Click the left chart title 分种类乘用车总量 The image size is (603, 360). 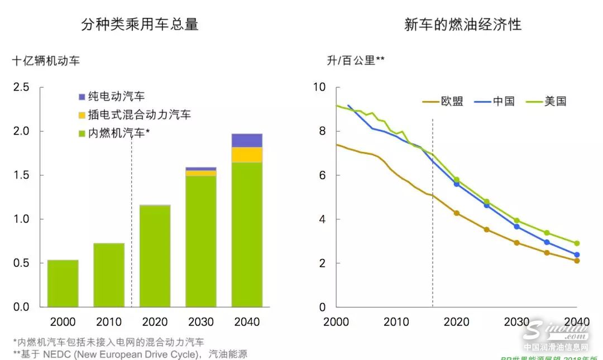click(x=140, y=25)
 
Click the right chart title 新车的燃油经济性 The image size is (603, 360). click(x=463, y=25)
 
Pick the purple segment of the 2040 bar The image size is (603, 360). click(x=247, y=141)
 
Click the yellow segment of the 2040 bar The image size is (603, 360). click(x=247, y=155)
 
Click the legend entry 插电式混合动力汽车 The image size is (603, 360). click(x=140, y=115)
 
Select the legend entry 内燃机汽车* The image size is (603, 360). click(x=119, y=133)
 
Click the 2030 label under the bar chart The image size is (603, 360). click(x=201, y=322)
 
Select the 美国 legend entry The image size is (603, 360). click(x=556, y=102)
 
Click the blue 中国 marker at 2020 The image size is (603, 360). click(x=457, y=184)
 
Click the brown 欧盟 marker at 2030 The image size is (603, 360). click(x=517, y=243)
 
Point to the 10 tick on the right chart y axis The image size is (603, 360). click(x=319, y=88)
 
